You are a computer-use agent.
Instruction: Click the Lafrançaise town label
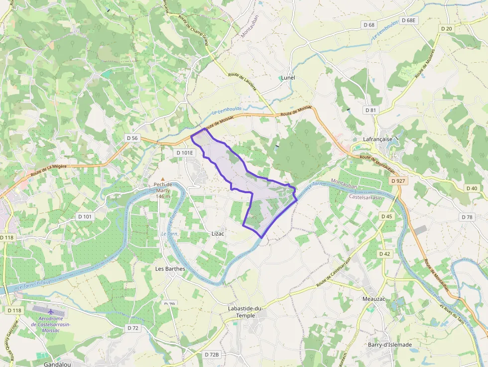[x=378, y=140]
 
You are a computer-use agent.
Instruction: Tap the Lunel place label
[x=288, y=78]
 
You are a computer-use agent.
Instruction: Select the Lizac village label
[x=218, y=234]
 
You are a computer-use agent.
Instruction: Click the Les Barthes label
[x=170, y=269]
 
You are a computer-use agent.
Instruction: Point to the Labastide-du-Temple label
[x=245, y=312]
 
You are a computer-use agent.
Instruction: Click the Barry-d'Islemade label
[x=390, y=345]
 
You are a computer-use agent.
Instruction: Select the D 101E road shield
[x=185, y=153]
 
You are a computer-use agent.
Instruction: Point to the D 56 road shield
[x=131, y=138]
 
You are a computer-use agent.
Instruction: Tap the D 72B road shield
[x=212, y=355]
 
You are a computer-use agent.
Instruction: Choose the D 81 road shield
[x=370, y=110]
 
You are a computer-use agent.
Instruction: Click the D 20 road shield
[x=447, y=29]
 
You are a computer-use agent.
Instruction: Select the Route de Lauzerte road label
[x=242, y=81]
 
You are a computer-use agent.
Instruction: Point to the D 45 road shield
[x=386, y=216]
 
